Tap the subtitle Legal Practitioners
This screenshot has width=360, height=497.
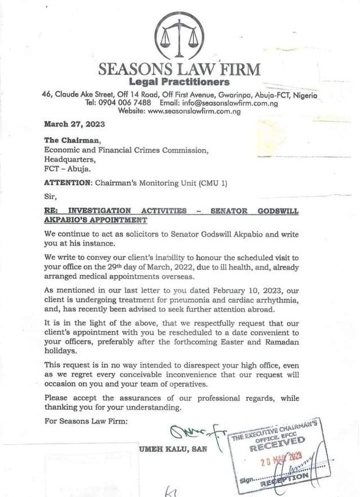[x=179, y=83]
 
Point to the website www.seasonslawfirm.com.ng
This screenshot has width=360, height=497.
[x=194, y=111]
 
